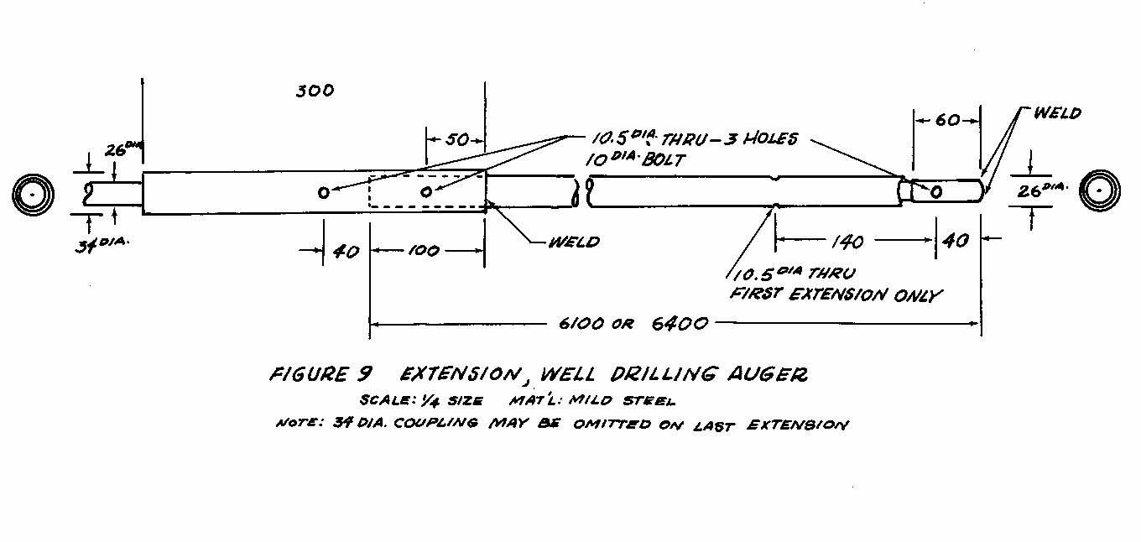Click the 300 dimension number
315,91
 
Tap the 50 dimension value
456,139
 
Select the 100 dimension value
427,251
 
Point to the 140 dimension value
846,242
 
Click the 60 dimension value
946,121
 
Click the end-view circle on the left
33,194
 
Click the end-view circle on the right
1100,191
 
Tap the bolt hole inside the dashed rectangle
426,192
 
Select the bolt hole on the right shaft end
936,192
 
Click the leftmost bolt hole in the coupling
324,193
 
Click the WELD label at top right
1056,112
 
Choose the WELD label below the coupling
574,242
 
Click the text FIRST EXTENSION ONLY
836,294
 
